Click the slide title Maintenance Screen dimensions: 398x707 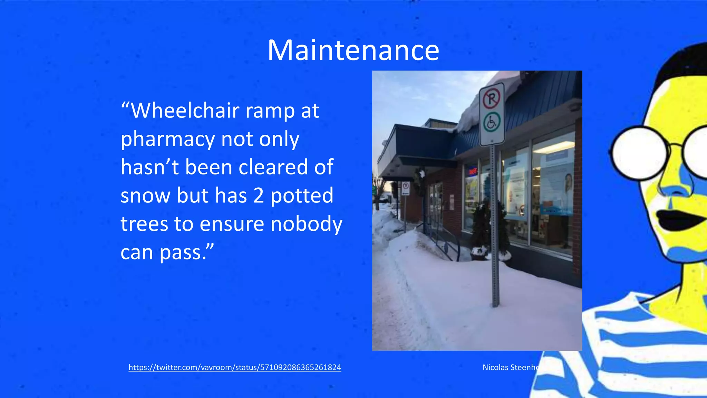(353, 50)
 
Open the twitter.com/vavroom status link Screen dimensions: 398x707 (235, 367)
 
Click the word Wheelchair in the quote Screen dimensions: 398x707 (185, 111)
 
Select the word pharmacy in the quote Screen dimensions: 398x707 (168, 140)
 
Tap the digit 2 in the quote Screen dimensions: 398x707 (259, 196)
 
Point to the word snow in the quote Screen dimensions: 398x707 (145, 196)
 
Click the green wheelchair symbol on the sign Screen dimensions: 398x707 (492, 123)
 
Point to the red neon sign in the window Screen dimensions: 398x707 (472, 170)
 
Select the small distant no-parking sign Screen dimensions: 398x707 (406, 188)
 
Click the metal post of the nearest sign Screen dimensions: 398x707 (495, 242)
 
